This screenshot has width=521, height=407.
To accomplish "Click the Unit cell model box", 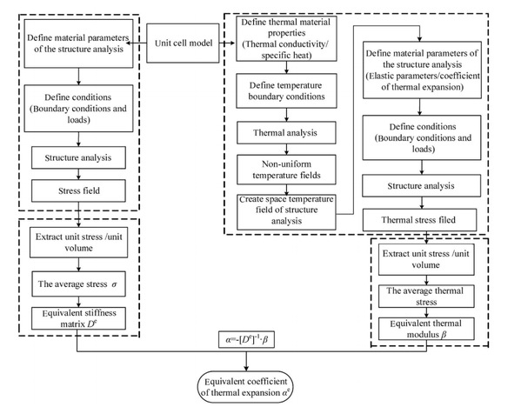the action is (x=183, y=43).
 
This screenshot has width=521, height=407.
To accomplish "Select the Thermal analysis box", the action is (x=286, y=132).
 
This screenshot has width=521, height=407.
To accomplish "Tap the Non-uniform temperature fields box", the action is (x=286, y=170).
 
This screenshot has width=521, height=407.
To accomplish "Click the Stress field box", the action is (x=78, y=190).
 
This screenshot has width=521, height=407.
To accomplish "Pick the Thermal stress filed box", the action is (x=419, y=220).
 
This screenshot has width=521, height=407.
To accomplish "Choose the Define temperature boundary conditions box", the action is (x=286, y=90).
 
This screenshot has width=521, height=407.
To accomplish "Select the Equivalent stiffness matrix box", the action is (x=78, y=318).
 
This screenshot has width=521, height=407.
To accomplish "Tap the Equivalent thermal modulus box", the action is (x=426, y=329).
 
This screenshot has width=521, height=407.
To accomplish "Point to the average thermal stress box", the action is (x=426, y=296).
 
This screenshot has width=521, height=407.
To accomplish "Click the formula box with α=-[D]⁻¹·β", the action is (x=246, y=339).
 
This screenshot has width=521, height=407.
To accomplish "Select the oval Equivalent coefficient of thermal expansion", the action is (x=245, y=387).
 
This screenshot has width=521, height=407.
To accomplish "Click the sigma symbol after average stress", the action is (x=114, y=284).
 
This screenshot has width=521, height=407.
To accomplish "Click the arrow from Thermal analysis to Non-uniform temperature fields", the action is (x=286, y=150).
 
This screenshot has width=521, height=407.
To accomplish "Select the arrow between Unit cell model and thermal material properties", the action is (x=227, y=43).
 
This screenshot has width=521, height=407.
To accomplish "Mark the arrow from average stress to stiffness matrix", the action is (x=79, y=302).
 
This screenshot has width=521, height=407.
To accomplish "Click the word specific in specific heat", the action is (x=274, y=55).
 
